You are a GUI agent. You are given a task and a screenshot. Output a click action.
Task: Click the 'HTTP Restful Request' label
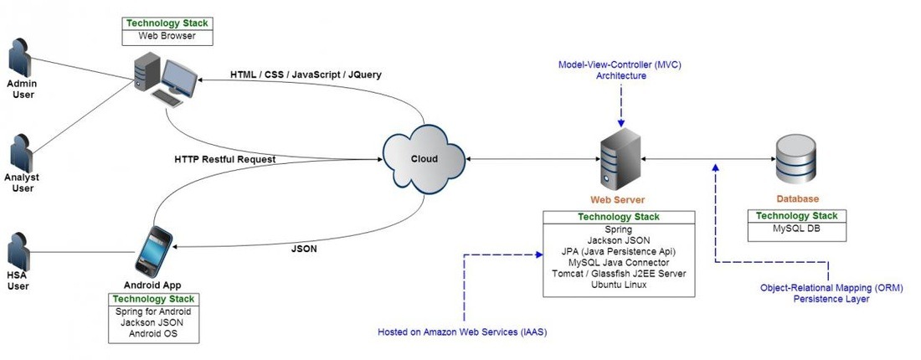(224, 159)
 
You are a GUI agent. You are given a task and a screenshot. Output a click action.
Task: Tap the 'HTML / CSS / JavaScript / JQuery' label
(306, 75)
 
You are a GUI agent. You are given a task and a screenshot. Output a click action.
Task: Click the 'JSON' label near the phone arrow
(303, 249)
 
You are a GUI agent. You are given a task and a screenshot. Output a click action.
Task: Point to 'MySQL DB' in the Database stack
(795, 229)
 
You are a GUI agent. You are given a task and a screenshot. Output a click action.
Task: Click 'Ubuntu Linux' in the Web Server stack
(619, 285)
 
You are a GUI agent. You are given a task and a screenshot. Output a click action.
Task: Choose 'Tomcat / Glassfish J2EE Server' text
(619, 274)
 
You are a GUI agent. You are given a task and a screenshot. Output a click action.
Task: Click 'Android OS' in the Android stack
(154, 334)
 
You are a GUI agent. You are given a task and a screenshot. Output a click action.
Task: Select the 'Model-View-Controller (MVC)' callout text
(620, 64)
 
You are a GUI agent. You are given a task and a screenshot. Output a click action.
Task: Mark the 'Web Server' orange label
(619, 200)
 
